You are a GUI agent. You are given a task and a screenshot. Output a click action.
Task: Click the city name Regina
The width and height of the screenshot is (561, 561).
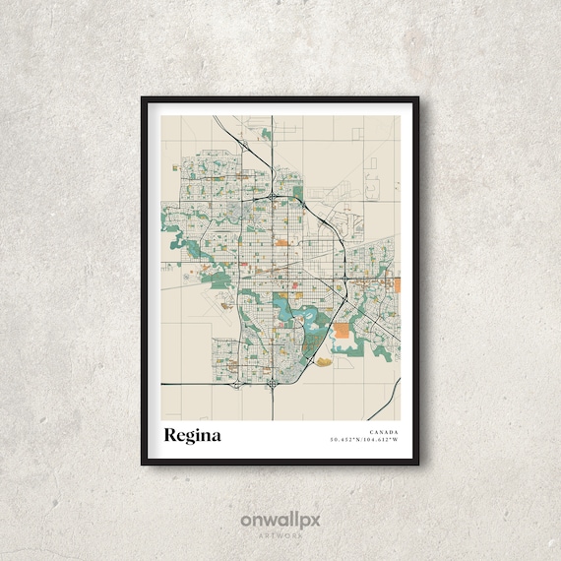193,434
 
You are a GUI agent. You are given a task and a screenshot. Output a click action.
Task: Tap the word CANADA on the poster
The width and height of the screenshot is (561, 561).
384,430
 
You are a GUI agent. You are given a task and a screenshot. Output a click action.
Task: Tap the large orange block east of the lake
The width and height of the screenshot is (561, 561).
343,333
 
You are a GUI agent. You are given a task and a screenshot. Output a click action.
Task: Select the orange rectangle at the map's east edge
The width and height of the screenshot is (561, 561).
398,285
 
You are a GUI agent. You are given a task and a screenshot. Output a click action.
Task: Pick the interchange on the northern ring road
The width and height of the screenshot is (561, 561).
272,198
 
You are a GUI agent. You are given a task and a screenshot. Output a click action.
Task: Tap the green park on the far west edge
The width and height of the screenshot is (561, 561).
174,235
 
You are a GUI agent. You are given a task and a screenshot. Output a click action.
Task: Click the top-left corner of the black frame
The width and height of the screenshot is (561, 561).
143,99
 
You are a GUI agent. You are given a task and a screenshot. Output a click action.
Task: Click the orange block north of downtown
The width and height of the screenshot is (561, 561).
281,239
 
